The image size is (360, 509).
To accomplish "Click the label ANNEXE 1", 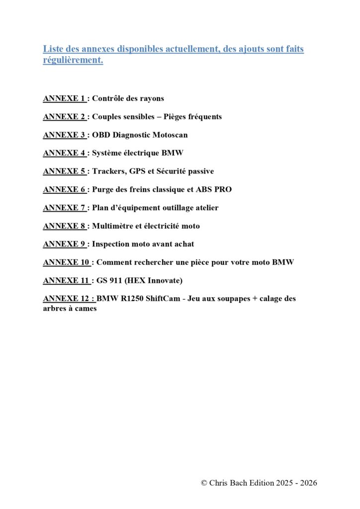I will (x=64, y=98).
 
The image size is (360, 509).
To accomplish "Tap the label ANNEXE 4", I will (x=64, y=153).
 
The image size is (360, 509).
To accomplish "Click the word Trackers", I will (x=109, y=171).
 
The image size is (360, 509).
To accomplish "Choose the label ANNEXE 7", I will (x=64, y=208).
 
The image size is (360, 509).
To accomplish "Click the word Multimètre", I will (x=113, y=226).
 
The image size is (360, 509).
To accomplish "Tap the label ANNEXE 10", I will (x=66, y=262).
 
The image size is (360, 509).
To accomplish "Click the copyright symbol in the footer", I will (x=204, y=483).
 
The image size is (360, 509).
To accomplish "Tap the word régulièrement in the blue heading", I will (x=73, y=61).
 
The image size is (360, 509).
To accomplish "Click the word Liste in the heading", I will (x=53, y=49).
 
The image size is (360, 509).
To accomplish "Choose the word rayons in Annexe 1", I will (x=151, y=98).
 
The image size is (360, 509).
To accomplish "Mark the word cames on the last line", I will (x=86, y=308).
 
